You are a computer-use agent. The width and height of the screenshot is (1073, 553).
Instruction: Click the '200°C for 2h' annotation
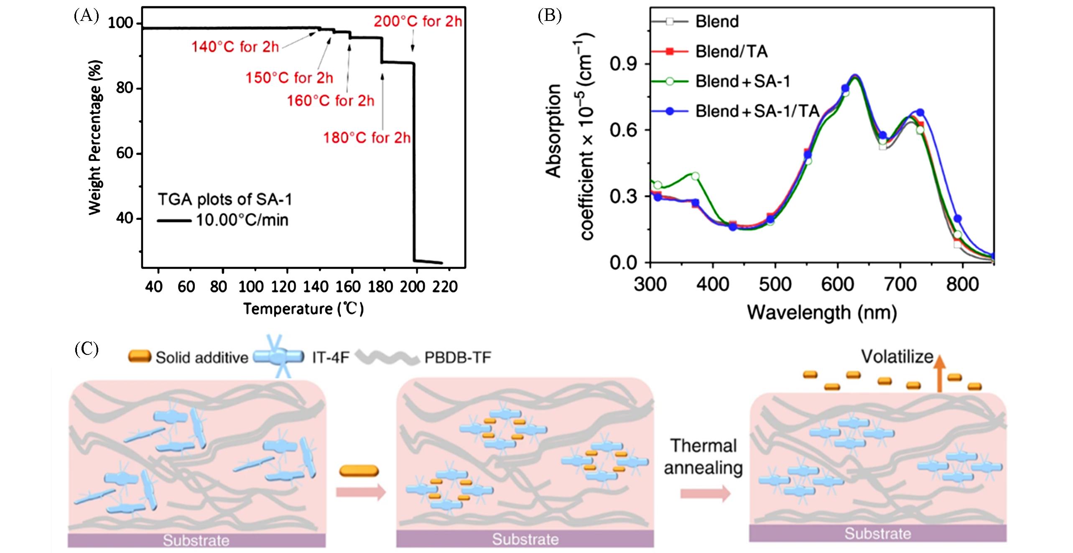tap(418, 21)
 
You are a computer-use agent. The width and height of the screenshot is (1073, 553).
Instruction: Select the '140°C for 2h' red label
tap(235, 47)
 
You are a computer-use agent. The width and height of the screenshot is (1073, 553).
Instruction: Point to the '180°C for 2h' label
tap(367, 138)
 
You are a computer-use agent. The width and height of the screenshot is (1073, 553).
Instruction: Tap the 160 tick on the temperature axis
tap(348, 287)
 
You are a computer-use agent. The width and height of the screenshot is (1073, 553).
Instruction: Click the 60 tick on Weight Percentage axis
tap(124, 154)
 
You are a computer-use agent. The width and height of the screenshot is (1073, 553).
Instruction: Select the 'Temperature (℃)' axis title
tap(303, 309)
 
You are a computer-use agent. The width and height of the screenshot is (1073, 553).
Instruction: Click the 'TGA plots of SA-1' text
tap(225, 200)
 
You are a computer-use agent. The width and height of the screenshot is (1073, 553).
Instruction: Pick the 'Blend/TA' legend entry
tap(731, 51)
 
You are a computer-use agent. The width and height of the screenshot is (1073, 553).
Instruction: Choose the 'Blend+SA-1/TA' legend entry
tap(757, 111)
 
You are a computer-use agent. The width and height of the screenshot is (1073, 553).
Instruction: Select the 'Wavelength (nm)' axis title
tap(822, 313)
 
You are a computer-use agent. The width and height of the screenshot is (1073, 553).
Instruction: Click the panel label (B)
tap(549, 16)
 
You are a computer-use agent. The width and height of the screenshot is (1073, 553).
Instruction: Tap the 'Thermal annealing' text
tap(703, 457)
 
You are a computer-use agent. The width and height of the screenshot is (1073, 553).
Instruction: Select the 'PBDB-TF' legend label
tap(458, 358)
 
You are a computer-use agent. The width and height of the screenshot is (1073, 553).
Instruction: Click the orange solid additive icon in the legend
tap(140, 357)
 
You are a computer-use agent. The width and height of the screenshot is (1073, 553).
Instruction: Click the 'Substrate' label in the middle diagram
tap(525, 539)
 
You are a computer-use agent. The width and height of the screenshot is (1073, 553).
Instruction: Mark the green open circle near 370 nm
tap(695, 176)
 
